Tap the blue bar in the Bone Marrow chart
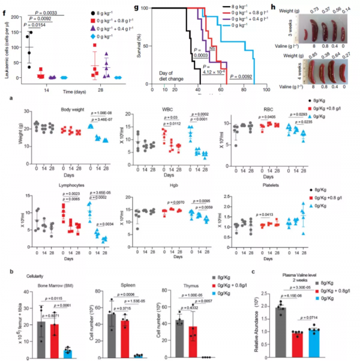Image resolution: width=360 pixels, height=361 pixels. click(68, 335)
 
